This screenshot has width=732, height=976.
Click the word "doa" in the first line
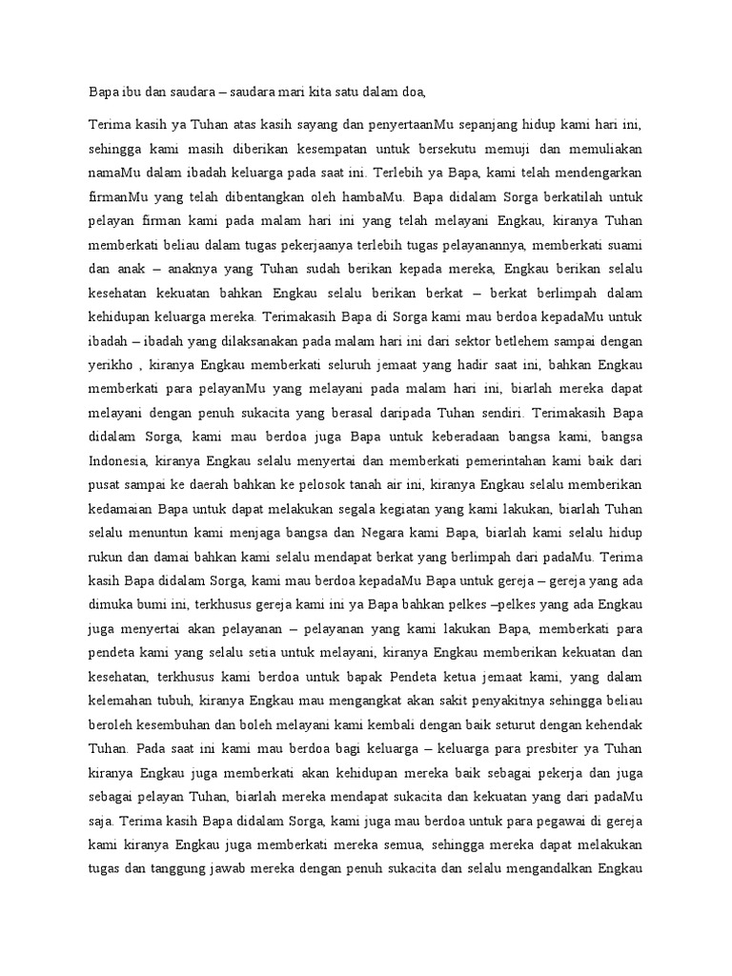point(405,91)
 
